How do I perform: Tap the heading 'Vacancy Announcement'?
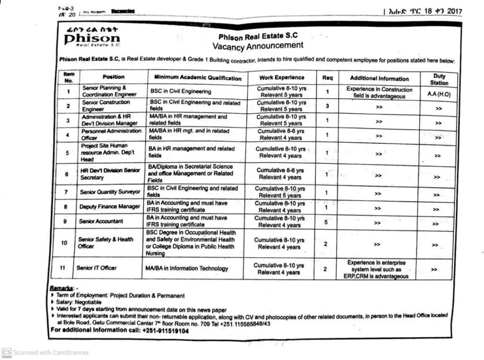(258, 46)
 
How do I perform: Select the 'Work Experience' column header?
(282, 77)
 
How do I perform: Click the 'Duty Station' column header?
(439, 79)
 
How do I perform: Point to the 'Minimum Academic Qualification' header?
(198, 77)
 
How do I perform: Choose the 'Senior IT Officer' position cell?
(96, 268)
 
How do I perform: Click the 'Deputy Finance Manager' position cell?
(110, 206)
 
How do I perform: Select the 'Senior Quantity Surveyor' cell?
(110, 192)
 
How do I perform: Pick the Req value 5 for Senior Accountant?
(326, 222)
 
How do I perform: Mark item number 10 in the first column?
(64, 243)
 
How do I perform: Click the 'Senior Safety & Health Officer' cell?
(105, 243)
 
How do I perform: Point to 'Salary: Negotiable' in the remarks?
(79, 302)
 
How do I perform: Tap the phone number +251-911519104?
(165, 331)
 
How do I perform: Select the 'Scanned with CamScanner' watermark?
(45, 352)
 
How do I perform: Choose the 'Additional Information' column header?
(379, 78)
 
